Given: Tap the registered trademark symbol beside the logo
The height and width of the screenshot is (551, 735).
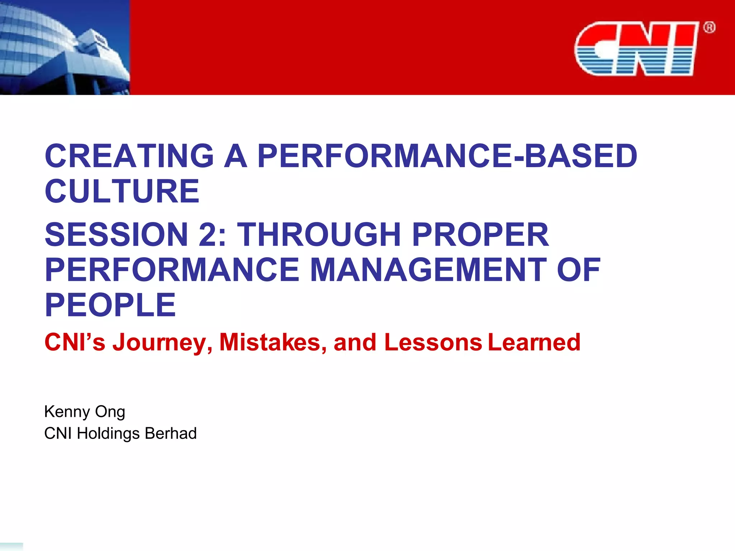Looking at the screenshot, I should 709,28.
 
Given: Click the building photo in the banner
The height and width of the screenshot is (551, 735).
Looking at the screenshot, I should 65,47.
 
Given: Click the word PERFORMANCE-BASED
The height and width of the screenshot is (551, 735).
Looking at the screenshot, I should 447,156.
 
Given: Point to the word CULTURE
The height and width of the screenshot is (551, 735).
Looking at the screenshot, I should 122,191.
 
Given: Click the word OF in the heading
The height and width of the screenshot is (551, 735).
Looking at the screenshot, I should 578,270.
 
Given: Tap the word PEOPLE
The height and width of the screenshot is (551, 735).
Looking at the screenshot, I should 110,305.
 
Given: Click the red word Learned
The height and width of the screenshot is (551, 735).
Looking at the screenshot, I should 534,343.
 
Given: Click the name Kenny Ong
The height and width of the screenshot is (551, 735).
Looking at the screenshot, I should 85,412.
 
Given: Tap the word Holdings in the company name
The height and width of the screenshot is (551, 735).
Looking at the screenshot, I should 108,433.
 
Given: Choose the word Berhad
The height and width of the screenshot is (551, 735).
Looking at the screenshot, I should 170,433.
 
